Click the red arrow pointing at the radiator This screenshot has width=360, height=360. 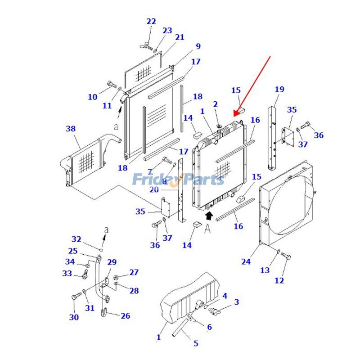254,85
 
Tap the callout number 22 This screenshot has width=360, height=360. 151,22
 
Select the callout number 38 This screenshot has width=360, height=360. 71,129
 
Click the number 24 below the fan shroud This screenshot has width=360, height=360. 246,261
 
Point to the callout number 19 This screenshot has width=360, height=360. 279,90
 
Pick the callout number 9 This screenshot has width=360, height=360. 198,46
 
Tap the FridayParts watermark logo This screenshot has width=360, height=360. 178,180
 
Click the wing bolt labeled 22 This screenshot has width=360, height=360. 148,45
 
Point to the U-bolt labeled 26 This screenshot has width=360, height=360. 105,311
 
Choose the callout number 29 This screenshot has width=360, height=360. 112,262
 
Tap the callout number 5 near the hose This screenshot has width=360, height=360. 196,344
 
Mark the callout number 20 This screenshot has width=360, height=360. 154,190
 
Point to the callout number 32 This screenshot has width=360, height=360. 76,239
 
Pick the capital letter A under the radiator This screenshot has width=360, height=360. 207,229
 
